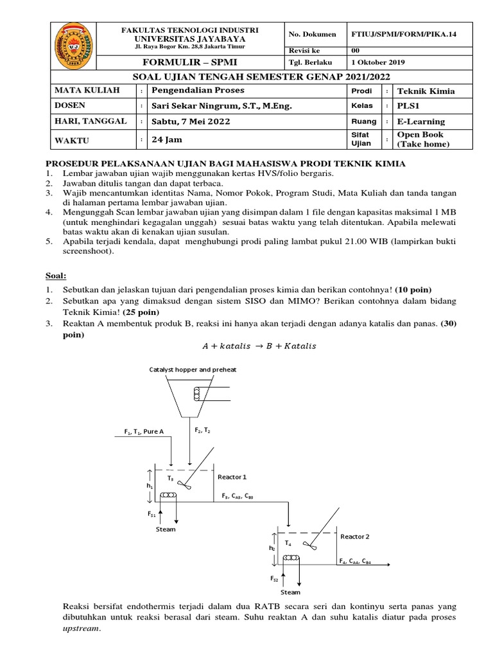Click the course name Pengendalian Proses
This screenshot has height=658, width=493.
click(x=189, y=91)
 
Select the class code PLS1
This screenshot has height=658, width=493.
click(x=409, y=106)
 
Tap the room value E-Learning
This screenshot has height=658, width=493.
click(x=421, y=121)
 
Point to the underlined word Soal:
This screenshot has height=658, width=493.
click(x=56, y=276)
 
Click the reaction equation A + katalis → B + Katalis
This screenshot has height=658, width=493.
click(x=259, y=346)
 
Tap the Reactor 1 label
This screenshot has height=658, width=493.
click(x=232, y=477)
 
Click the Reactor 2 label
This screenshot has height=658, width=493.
click(x=355, y=536)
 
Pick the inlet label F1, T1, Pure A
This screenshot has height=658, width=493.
click(x=144, y=431)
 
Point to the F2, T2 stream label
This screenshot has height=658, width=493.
click(x=203, y=429)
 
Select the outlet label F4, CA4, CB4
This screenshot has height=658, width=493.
click(x=354, y=560)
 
